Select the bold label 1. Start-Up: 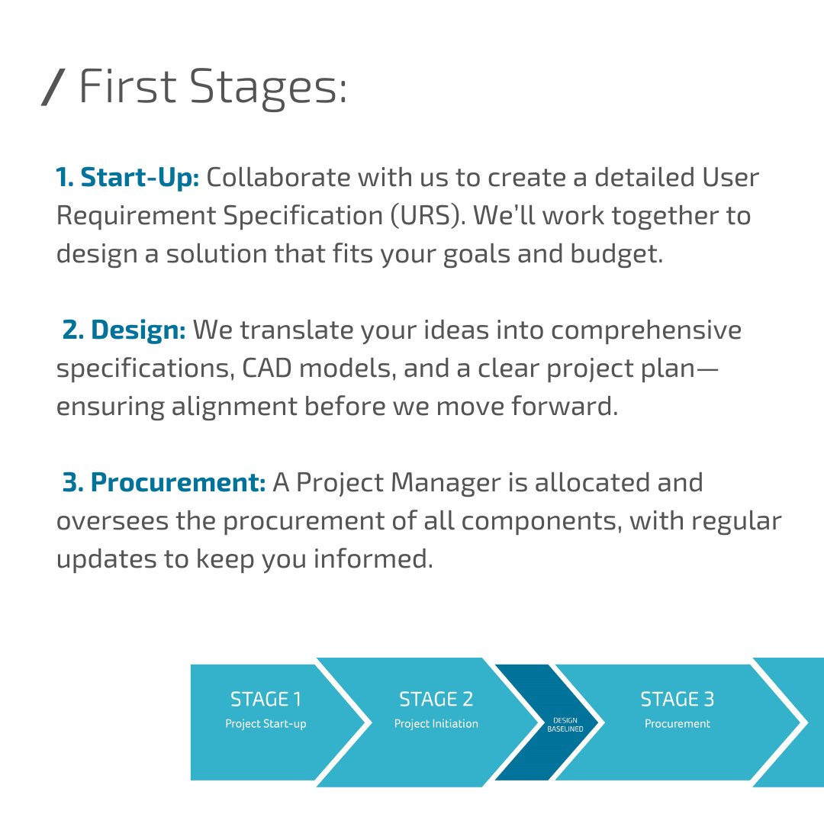(x=127, y=177)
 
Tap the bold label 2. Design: (x=124, y=330)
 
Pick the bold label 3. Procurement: (x=163, y=482)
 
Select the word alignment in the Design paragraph (x=233, y=406)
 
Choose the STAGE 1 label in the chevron (x=266, y=699)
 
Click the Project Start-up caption (x=266, y=723)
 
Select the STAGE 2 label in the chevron (x=436, y=699)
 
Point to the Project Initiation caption (x=436, y=723)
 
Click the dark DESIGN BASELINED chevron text (x=565, y=724)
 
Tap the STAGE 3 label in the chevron (x=677, y=699)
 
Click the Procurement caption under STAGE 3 (x=677, y=723)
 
